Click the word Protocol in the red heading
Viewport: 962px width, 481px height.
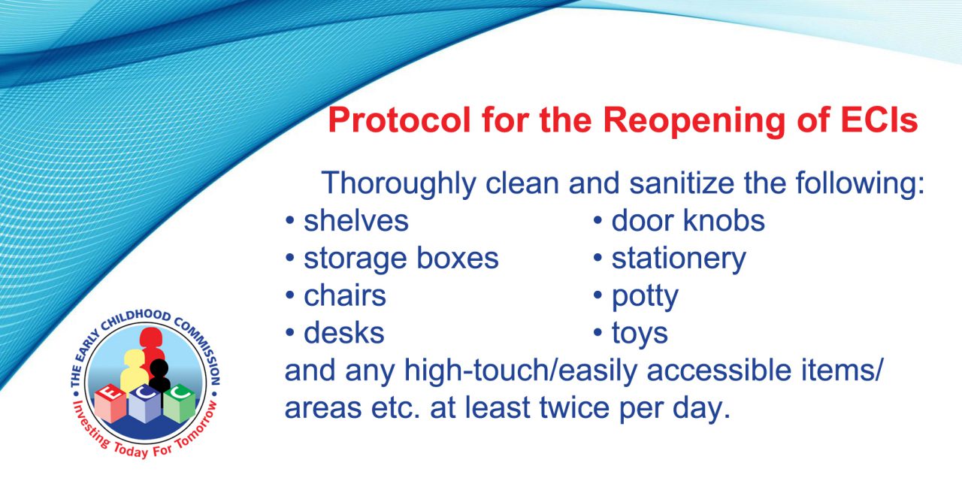click(x=399, y=120)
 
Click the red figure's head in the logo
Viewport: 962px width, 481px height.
click(x=150, y=337)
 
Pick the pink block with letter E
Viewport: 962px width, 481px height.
click(x=110, y=403)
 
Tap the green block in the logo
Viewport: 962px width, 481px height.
click(x=179, y=404)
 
